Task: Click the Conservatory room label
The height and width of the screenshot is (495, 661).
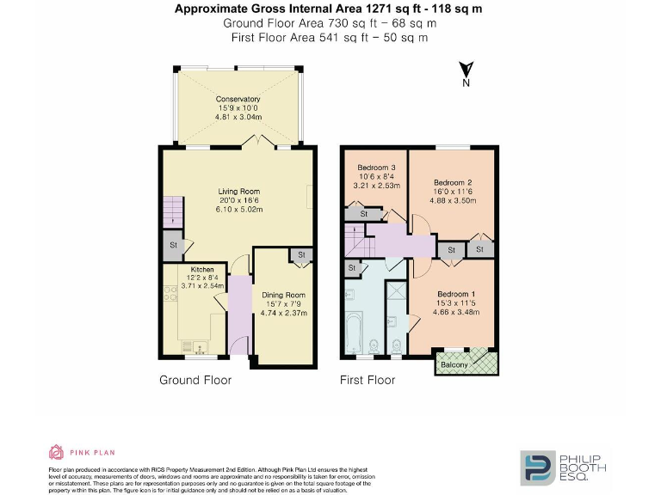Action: [x=238, y=99]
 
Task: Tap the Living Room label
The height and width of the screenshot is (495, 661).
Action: [x=238, y=192]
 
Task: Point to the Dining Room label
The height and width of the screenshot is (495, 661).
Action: [x=284, y=295]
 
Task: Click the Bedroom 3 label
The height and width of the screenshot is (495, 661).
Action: [x=375, y=167]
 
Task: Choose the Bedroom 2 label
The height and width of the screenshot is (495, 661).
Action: [x=453, y=182]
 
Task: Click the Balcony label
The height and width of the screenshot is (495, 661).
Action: [x=454, y=365]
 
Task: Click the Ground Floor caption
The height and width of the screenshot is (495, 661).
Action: [x=195, y=380]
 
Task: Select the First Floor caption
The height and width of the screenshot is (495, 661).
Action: [x=368, y=380]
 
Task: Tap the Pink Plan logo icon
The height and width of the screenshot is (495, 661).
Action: [x=56, y=452]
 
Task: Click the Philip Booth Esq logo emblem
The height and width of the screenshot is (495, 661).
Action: [x=534, y=467]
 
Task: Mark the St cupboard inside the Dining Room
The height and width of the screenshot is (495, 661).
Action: [x=302, y=255]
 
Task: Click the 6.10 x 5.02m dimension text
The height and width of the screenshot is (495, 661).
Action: [x=238, y=209]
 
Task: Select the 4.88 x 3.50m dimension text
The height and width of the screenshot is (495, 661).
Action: [x=453, y=200]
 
